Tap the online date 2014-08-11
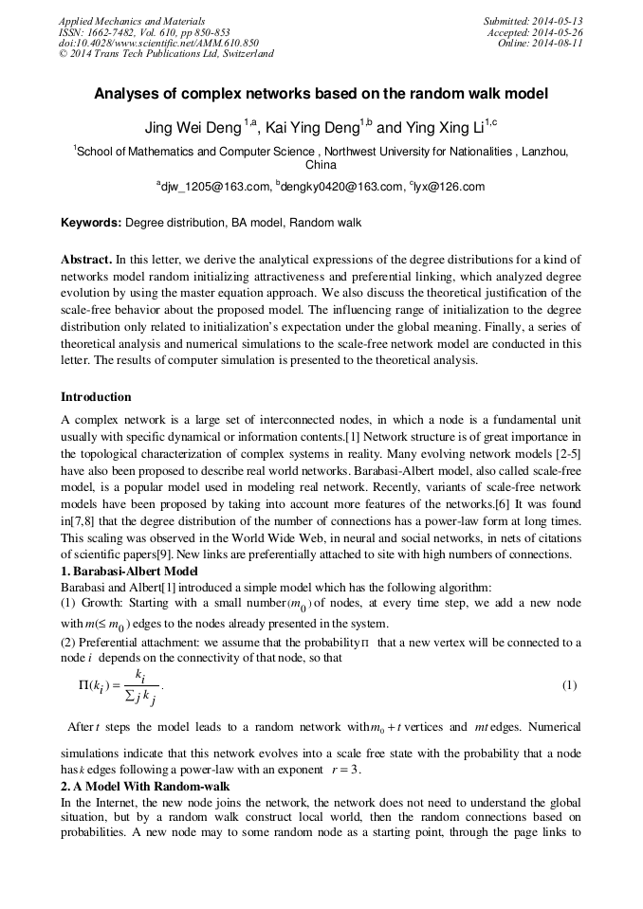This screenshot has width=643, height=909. click(560, 43)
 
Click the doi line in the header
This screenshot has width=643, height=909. click(158, 43)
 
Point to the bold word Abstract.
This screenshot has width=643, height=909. click(86, 259)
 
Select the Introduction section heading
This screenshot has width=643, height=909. click(96, 396)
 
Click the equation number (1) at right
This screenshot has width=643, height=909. click(569, 684)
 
